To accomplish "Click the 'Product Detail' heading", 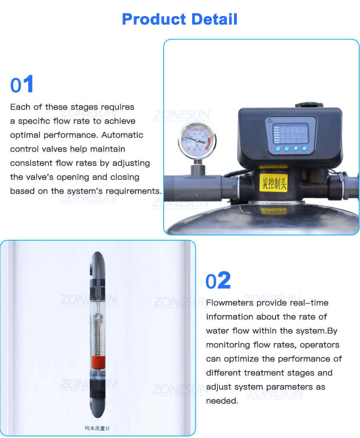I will click(x=180, y=19).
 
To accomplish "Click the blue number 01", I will click(x=22, y=85).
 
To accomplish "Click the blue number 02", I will click(x=218, y=281).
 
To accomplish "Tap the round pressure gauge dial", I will click(x=197, y=141).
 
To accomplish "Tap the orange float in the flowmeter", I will click(x=98, y=362).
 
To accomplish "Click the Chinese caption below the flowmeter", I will click(x=97, y=428).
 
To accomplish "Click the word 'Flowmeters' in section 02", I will click(x=230, y=303).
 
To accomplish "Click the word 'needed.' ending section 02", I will click(x=222, y=401).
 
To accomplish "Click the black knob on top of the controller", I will click(x=309, y=105).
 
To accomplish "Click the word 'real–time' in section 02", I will click(x=310, y=303).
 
